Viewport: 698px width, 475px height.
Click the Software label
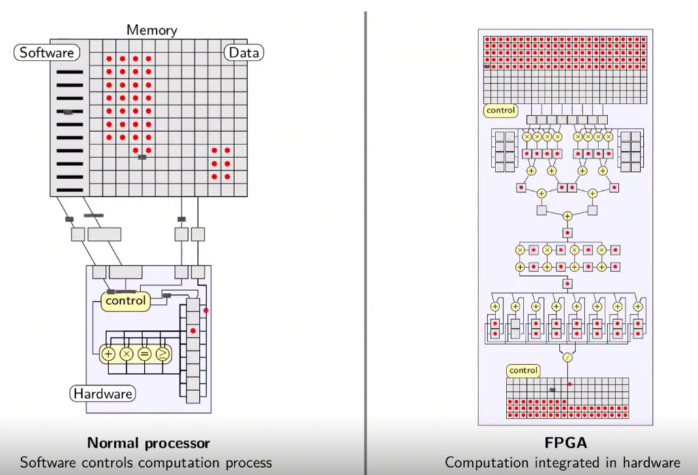46,52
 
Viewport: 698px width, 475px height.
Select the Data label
244,52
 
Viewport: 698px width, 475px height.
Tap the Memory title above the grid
151,30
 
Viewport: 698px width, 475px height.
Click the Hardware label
103,393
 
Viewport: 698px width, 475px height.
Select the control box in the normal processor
125,301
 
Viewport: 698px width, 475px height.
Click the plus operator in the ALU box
108,354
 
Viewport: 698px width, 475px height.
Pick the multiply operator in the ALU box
126,354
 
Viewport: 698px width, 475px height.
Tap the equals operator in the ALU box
144,354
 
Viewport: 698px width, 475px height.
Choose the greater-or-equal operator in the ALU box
162,354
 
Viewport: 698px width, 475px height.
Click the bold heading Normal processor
148,443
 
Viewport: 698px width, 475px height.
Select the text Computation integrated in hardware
562,462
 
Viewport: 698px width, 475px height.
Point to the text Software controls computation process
146,462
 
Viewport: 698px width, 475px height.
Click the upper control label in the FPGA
500,110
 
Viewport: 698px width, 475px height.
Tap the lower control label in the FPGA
523,371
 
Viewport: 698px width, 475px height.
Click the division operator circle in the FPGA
566,356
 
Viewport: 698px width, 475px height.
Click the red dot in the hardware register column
193,331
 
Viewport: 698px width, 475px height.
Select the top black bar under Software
70,72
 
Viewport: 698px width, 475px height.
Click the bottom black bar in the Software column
70,189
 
